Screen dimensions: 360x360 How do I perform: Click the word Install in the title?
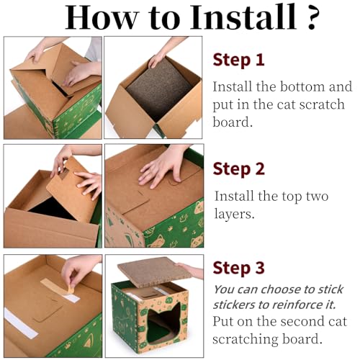coord(243,17)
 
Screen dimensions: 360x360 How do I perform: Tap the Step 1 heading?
coord(238,60)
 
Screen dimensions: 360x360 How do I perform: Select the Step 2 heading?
coord(239,169)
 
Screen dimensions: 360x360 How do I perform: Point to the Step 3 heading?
coord(239,268)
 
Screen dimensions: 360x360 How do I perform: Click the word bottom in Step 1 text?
coord(302,86)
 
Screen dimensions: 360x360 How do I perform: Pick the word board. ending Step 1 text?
coord(233,122)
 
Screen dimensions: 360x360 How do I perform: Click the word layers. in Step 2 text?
coord(234,213)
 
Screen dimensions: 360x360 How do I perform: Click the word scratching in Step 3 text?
coord(246,338)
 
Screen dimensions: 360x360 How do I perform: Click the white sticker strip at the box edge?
coord(21,323)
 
